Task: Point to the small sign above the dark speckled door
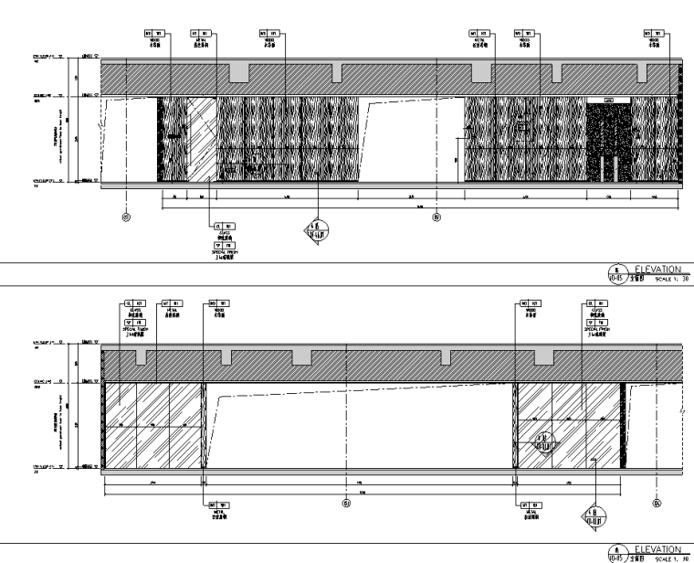tap(608, 99)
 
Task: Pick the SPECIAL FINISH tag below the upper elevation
tap(218, 246)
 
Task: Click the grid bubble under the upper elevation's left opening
tap(126, 217)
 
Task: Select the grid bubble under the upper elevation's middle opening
tap(436, 217)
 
